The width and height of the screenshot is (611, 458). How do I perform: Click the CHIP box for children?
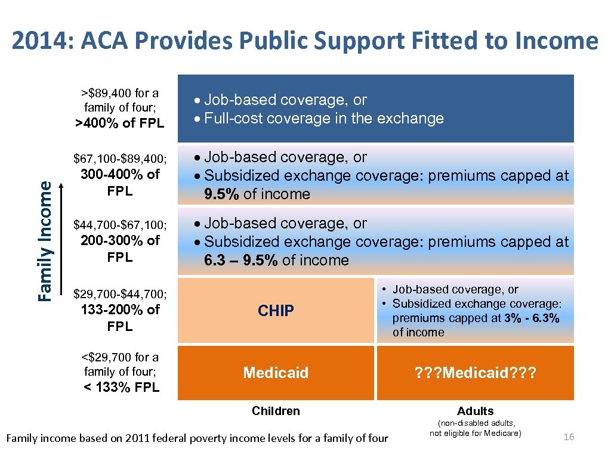point(276,311)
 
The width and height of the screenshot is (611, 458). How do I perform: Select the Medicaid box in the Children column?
point(276,373)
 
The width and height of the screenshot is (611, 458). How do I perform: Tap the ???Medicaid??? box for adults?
point(475,373)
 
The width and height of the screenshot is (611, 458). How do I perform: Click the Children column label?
point(276,411)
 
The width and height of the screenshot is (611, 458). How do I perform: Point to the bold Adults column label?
point(475,411)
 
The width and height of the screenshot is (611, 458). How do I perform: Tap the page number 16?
point(569,437)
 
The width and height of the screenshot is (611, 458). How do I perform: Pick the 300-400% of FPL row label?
point(120,182)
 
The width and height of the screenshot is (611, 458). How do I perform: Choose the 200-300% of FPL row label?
point(120,249)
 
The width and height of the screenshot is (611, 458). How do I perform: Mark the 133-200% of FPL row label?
point(120,318)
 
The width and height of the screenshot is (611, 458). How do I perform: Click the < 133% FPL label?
point(121,387)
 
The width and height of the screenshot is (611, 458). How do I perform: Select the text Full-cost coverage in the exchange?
point(324,118)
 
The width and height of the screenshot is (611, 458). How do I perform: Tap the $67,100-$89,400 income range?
point(120,159)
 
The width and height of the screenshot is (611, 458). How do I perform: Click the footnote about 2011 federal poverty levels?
point(196,438)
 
